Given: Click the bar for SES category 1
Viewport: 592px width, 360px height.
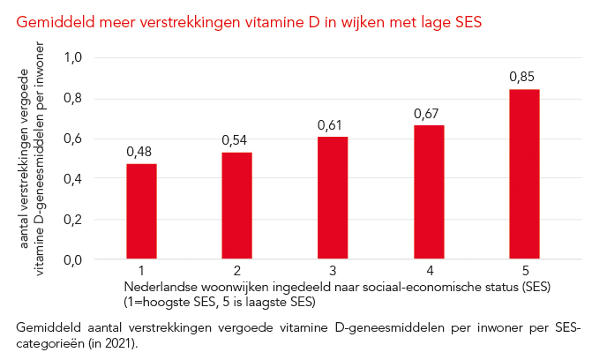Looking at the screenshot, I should [142, 212].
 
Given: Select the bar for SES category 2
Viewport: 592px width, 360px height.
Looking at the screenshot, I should [237, 206].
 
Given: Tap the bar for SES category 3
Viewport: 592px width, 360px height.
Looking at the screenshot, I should [333, 198].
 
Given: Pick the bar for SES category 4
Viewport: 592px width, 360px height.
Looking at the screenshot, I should [429, 192].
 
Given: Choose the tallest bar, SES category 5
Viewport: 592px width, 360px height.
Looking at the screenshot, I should [524, 174].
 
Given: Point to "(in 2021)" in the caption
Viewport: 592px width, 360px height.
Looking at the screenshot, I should [111, 341].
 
